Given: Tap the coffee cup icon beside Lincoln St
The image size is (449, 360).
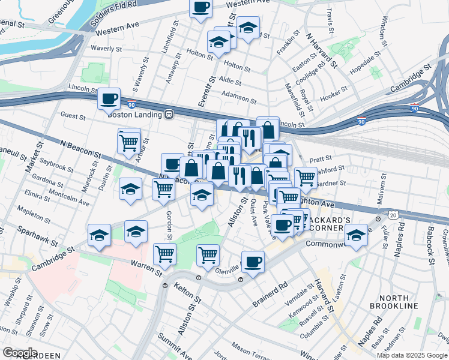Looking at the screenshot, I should pos(109,98).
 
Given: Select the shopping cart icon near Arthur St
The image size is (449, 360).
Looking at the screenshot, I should pos(129,142).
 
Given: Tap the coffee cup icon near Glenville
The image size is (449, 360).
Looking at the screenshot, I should pos(253,262).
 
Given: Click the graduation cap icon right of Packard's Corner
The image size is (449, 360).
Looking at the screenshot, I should pos(356,235).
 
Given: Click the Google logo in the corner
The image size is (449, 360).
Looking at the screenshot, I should pos(20,352).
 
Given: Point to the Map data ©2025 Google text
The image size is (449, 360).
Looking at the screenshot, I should pos(411,355).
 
